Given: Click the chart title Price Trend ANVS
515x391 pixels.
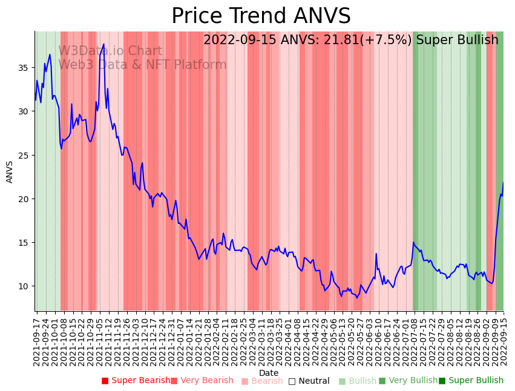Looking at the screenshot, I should coord(261,16).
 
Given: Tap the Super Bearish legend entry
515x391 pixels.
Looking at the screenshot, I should coord(136,381).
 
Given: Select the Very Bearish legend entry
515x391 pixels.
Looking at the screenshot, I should coord(202,381).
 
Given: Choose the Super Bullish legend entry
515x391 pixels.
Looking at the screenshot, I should coord(471,381).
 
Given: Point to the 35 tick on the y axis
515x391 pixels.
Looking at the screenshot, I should coord(24,68).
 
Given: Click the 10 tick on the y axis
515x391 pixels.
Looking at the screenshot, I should coord(24,286).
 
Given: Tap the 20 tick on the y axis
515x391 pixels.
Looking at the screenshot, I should coord(24,199).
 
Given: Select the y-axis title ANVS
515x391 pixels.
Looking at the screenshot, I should coord(10,172).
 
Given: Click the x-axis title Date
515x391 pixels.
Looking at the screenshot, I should coord(269,373).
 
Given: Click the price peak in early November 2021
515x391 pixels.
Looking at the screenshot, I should coord(103,44).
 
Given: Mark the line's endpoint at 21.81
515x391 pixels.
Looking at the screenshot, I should coord(503,183).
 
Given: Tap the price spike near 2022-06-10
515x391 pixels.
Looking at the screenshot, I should coord(376,254).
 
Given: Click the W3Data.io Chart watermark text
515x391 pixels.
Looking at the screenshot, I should coord(110,51).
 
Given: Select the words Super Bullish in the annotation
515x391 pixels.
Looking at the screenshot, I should coord(457,41).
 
